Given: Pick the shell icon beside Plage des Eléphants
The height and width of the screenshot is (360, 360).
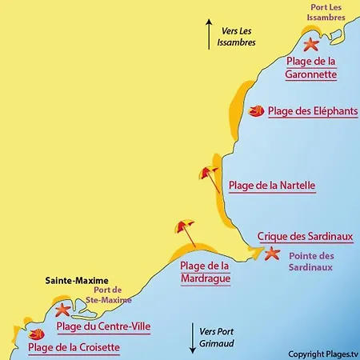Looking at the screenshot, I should click(x=257, y=111).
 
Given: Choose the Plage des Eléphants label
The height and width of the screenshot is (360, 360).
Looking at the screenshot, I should click(x=313, y=112).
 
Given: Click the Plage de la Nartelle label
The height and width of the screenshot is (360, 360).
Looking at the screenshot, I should click(x=272, y=186).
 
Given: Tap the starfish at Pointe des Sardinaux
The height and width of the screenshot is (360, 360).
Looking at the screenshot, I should click(x=272, y=254).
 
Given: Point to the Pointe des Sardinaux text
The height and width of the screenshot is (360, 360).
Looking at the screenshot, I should click(x=310, y=262).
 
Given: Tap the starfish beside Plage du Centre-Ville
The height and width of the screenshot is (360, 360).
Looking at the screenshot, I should click(x=62, y=309).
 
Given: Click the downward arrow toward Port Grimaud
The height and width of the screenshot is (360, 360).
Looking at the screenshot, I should click(x=193, y=340).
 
